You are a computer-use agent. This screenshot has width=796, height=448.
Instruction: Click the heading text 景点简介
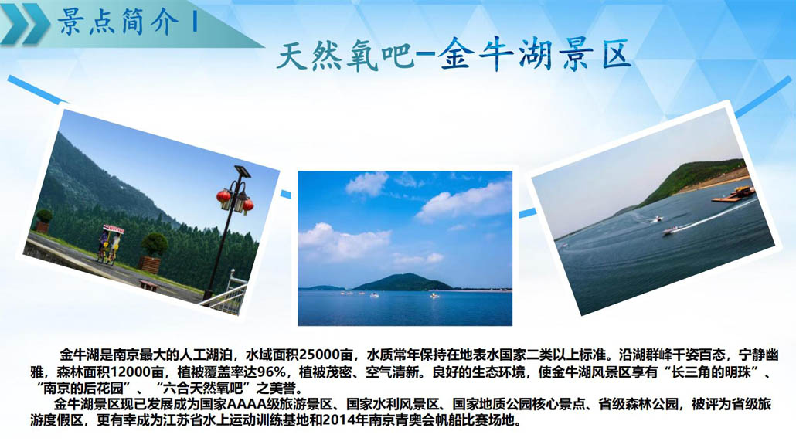119,22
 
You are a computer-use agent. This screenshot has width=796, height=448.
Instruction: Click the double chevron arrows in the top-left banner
26,23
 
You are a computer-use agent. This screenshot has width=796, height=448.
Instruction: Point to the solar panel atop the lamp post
242,171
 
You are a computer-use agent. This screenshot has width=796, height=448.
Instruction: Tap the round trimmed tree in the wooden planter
155,245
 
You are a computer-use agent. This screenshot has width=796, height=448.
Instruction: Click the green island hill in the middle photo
402,282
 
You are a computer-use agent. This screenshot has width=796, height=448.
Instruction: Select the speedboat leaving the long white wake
671,231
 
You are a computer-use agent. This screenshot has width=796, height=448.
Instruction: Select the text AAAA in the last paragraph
247,405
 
